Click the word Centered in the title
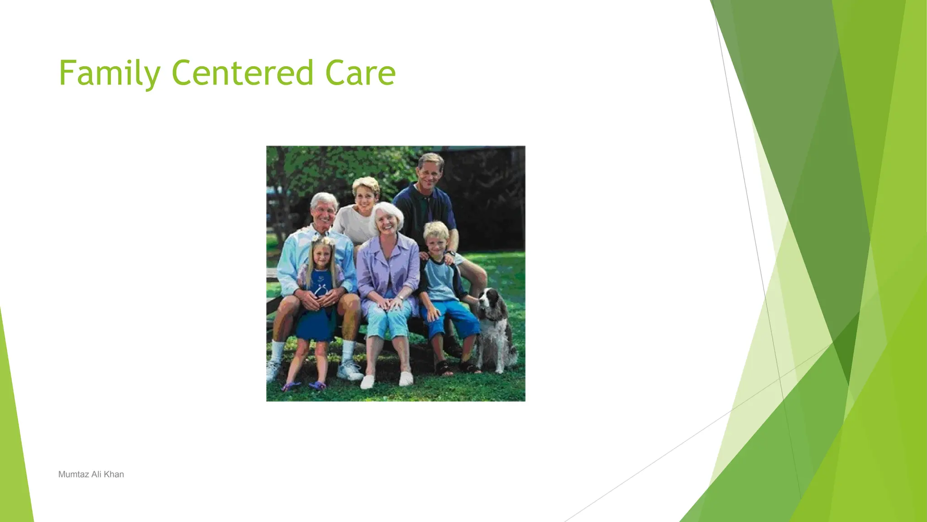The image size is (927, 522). click(x=242, y=73)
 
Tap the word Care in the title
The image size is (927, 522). click(x=360, y=73)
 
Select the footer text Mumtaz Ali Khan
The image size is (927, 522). click(x=91, y=474)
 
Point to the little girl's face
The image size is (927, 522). click(x=322, y=256)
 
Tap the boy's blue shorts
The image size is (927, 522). click(x=453, y=317)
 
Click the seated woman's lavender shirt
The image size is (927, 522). click(x=388, y=267)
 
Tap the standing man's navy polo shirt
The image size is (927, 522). click(x=423, y=208)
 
